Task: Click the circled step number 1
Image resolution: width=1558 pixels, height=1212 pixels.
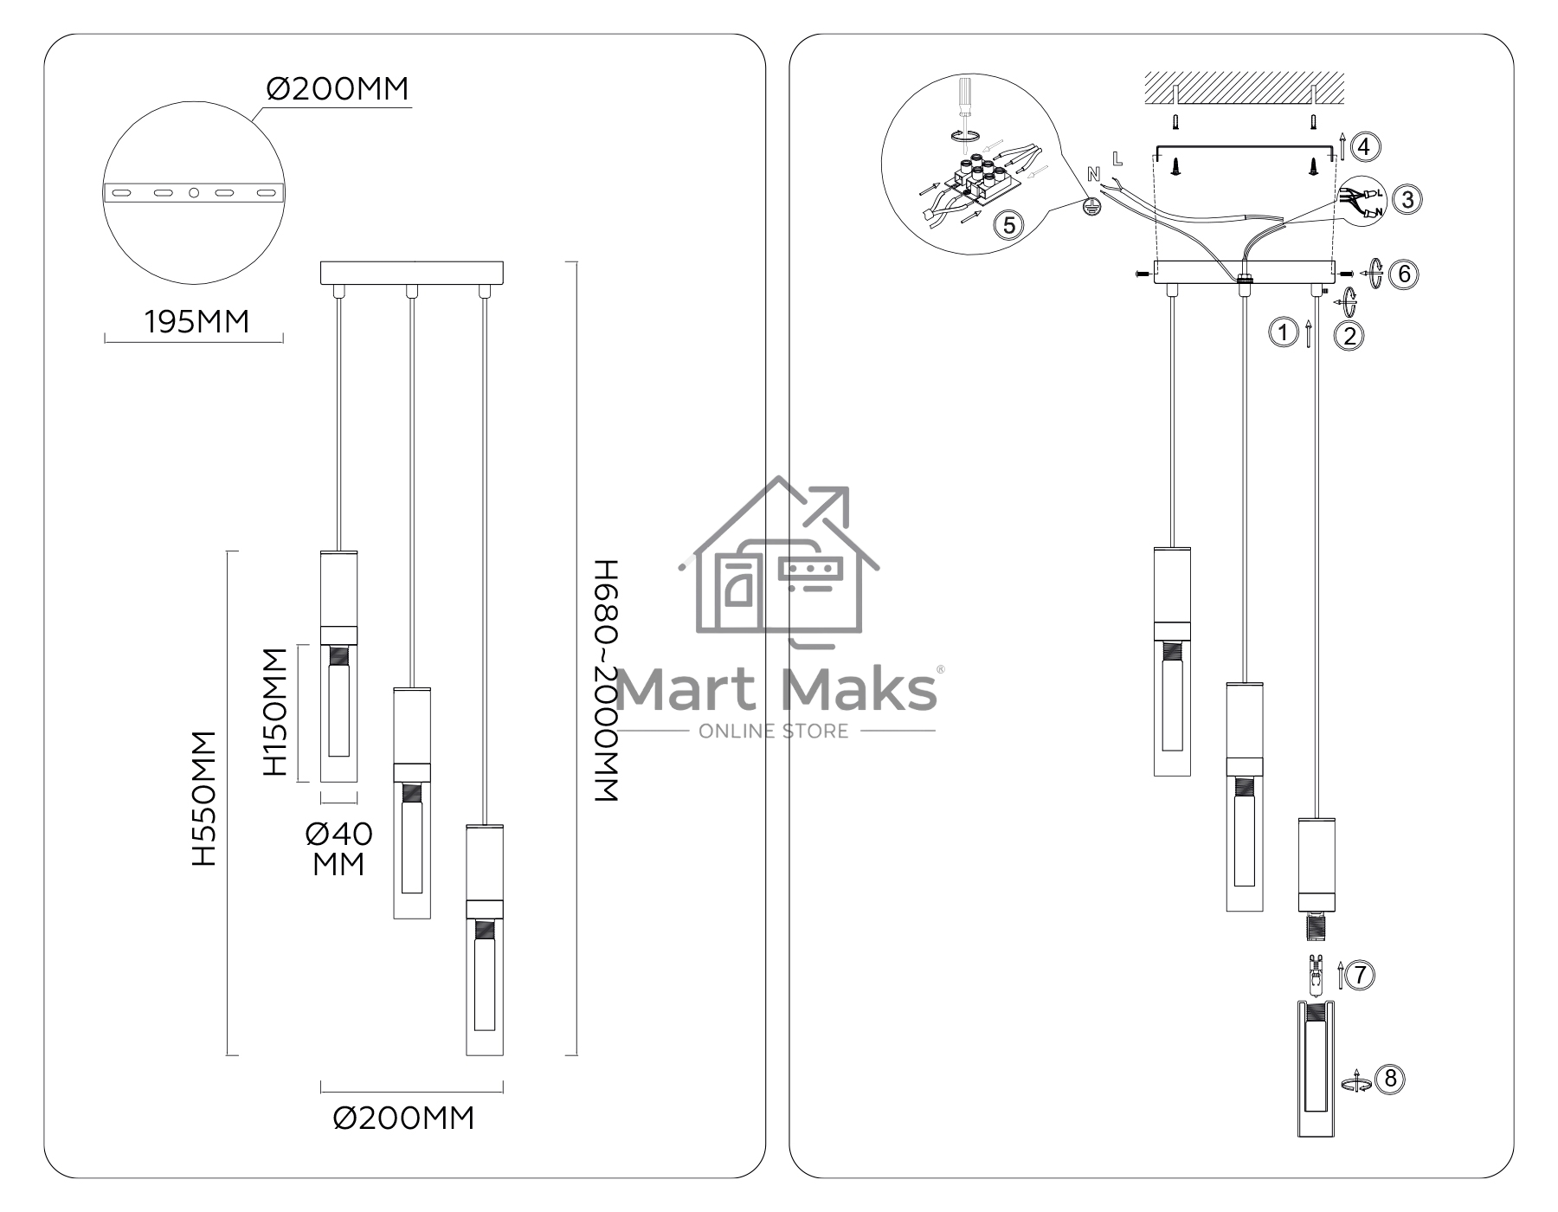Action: (x=1283, y=332)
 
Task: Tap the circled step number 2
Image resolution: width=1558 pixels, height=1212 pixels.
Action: (x=1350, y=335)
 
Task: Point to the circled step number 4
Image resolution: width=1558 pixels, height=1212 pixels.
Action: (x=1365, y=146)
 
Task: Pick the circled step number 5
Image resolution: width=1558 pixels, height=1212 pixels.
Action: (x=1008, y=224)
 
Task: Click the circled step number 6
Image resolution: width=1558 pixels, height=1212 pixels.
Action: (x=1404, y=274)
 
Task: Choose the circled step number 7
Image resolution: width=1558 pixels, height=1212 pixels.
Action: (x=1360, y=975)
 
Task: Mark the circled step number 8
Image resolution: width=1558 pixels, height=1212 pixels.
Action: (x=1390, y=1079)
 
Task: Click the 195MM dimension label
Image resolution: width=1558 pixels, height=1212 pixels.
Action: (x=196, y=321)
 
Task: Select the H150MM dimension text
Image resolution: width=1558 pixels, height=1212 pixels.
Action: (x=274, y=712)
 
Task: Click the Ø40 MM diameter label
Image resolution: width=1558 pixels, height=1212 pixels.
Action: (x=338, y=848)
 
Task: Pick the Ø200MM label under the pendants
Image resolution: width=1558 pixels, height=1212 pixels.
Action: (x=404, y=1118)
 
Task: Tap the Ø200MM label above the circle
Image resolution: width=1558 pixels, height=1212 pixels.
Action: (x=338, y=88)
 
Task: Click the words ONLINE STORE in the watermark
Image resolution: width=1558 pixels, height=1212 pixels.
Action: (x=774, y=731)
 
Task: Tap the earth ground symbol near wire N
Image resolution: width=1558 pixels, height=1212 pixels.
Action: (x=1092, y=206)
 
